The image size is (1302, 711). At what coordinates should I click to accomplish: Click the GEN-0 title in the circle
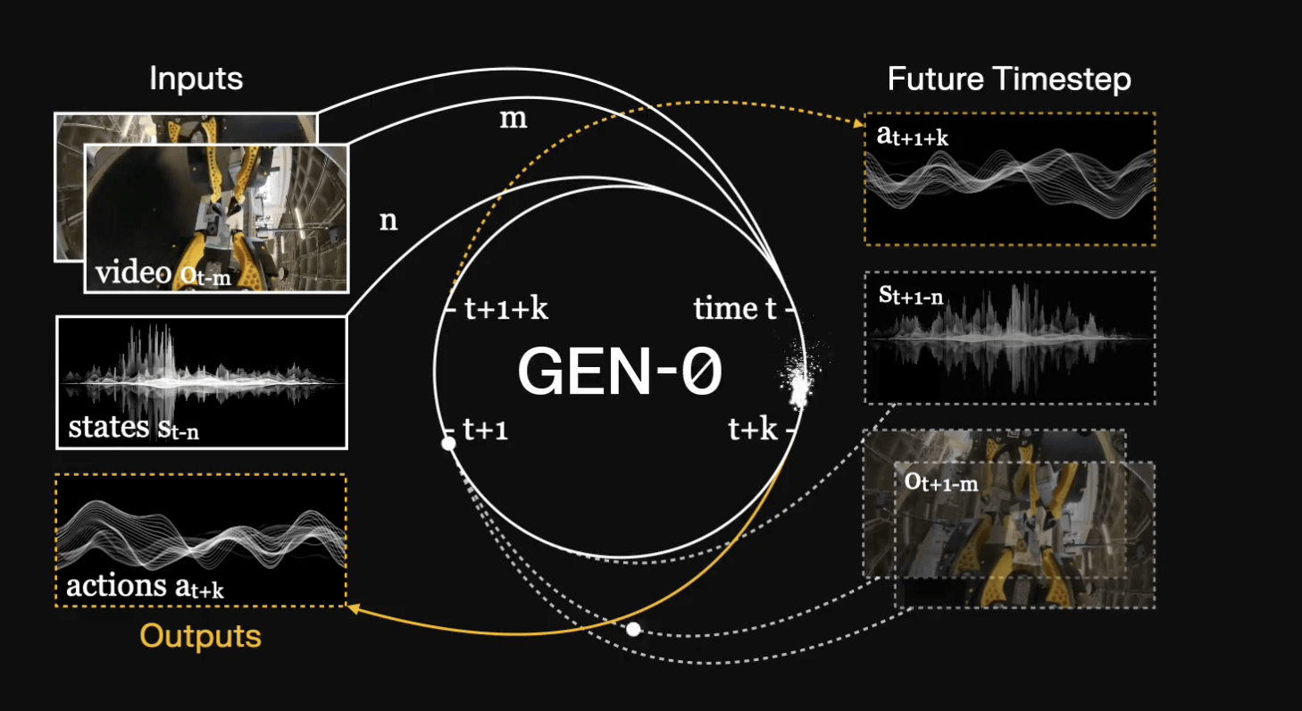tap(619, 372)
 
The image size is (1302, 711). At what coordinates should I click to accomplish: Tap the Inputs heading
tap(196, 79)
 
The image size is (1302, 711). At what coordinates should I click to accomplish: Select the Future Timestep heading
tap(1009, 79)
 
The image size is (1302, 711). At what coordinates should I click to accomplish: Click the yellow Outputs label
tap(200, 636)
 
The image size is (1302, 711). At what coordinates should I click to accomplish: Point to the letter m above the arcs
tap(513, 119)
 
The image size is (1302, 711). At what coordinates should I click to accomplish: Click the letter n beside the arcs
tap(388, 220)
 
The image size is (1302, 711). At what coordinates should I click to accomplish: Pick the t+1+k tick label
tap(506, 309)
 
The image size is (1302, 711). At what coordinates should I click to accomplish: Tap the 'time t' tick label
tap(735, 309)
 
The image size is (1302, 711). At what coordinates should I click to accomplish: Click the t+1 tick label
tap(486, 431)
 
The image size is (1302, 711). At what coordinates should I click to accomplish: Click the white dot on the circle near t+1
tap(448, 443)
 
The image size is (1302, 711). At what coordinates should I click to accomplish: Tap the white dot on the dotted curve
tap(633, 629)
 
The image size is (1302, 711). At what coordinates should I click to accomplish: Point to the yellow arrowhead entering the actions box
tap(352, 609)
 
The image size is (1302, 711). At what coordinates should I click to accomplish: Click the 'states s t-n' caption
tap(133, 428)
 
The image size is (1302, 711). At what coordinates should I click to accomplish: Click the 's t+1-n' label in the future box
tap(911, 296)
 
